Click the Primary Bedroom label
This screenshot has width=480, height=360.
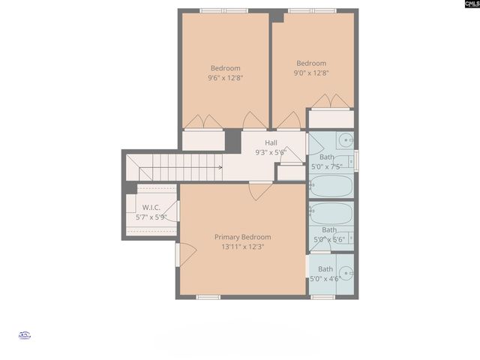[x=242, y=237]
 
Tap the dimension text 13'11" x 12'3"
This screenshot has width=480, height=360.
[x=242, y=247]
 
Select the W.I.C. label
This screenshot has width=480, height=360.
[x=151, y=208]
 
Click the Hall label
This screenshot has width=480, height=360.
[x=271, y=142]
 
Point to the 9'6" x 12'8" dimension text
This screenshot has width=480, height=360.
[x=225, y=77]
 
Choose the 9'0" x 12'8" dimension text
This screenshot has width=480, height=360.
[x=311, y=73]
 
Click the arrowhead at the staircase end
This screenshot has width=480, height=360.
[x=220, y=167]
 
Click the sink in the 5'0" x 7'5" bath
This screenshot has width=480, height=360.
[x=346, y=139]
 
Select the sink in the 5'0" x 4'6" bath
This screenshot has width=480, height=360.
[x=346, y=273]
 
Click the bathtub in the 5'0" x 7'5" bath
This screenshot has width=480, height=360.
[x=331, y=185]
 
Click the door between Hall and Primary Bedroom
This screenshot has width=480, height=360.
[x=261, y=190]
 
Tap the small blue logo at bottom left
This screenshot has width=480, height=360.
[x=24, y=336]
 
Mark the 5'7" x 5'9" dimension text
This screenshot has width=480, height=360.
[x=151, y=217]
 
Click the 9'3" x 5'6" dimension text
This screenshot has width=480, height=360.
[x=271, y=152]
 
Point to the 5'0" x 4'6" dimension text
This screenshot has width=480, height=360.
[x=325, y=278]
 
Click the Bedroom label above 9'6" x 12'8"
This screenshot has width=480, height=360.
[x=225, y=68]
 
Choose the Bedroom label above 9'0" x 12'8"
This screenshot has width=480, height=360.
[x=311, y=64]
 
